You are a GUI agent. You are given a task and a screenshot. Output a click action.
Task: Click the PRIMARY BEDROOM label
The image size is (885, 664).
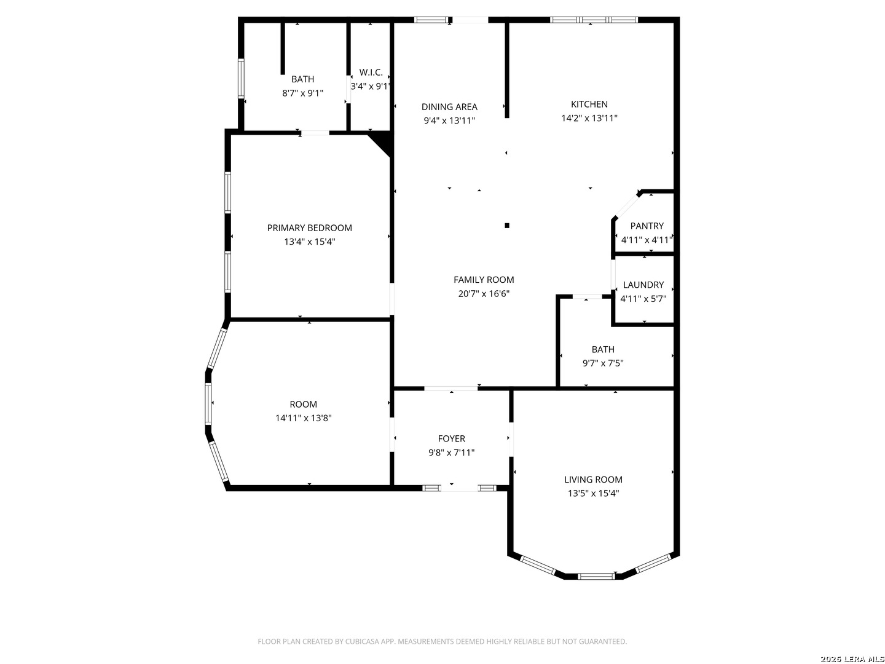pos(309,227)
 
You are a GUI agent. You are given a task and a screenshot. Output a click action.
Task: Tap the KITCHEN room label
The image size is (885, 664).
pos(589,104)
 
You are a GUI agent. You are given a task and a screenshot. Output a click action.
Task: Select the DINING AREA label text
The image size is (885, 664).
pos(449,107)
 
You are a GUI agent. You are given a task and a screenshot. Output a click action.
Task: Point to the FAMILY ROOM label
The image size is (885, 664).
pos(484,279)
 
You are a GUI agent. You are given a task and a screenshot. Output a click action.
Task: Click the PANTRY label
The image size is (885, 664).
pos(647,226)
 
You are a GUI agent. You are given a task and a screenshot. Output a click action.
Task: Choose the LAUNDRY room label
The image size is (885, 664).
pos(643,285)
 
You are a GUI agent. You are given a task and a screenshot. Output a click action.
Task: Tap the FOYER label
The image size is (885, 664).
pos(451,438)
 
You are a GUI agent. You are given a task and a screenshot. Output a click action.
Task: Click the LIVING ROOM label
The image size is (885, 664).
pos(593,480)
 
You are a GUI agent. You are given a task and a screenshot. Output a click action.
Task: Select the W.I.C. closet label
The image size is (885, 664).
pos(371,72)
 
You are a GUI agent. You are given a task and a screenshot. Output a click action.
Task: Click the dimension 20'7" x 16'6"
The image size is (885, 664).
pos(484,293)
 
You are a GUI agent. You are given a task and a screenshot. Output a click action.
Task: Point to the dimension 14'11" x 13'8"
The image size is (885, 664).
pos(303,418)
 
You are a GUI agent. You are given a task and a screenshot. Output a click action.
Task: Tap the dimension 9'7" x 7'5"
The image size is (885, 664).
pos(603,363)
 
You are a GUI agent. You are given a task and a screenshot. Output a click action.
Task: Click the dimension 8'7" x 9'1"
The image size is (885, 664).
pos(302,93)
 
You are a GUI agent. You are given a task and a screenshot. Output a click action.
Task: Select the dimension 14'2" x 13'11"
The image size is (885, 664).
pos(589,118)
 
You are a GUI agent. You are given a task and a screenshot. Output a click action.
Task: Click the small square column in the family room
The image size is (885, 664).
pos(507,226)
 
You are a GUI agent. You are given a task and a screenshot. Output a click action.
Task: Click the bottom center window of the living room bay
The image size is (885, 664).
pos(596,577)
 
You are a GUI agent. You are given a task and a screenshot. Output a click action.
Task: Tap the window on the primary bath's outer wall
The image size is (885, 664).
pos(241,79)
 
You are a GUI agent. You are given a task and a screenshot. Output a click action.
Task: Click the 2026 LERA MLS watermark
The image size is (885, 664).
pos(852,659)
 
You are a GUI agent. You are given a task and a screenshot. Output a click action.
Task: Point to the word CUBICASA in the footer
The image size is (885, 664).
pos(362,641)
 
